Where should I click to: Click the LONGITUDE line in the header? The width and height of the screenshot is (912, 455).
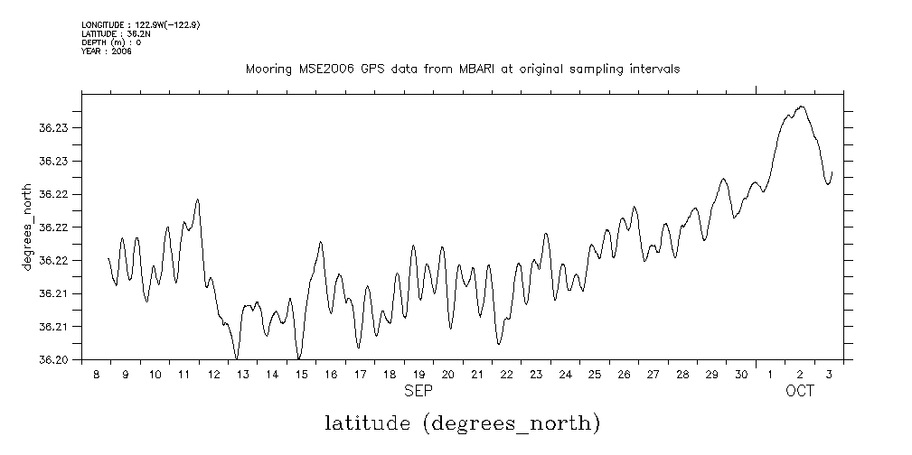(x=140, y=25)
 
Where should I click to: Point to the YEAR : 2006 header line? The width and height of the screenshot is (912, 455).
(x=108, y=51)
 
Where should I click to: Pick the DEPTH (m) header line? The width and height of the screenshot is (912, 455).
(x=111, y=42)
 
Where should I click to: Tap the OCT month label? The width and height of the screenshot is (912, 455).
(x=800, y=391)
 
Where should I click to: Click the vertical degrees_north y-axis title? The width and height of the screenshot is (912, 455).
(x=29, y=226)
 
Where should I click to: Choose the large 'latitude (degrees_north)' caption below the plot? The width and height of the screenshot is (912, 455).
(x=462, y=422)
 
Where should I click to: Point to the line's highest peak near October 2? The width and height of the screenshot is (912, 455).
(x=801, y=107)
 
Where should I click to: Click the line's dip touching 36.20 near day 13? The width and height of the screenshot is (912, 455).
(x=237, y=358)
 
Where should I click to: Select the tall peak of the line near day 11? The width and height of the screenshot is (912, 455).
(x=197, y=200)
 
